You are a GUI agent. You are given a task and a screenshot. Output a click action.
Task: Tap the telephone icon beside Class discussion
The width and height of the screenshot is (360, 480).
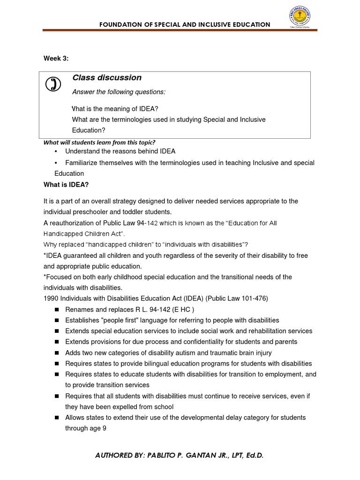(x=53, y=84)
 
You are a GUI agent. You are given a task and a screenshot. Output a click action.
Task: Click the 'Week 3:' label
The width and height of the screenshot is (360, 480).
(x=56, y=59)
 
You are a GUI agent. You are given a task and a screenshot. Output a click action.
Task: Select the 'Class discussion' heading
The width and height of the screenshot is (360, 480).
(x=107, y=78)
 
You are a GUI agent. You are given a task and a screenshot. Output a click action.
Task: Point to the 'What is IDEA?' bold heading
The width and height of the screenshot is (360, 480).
(x=66, y=185)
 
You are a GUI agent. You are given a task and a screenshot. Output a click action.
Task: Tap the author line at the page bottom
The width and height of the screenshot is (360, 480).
(x=180, y=455)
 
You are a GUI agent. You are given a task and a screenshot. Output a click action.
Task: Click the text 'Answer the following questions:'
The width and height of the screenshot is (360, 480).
(x=119, y=92)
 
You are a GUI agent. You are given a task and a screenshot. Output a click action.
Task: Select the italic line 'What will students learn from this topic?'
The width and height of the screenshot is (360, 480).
(x=99, y=142)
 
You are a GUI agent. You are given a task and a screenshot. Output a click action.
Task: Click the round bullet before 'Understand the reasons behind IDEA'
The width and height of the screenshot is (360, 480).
(x=56, y=151)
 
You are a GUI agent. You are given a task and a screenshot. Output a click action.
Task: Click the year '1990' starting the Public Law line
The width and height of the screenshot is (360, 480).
(x=51, y=298)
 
